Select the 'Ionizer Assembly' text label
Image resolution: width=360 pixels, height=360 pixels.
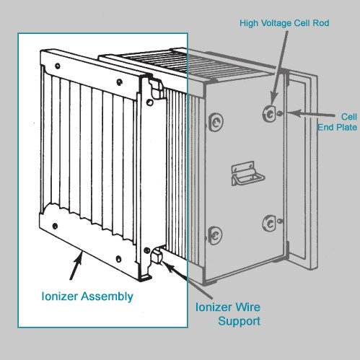[x=87, y=296]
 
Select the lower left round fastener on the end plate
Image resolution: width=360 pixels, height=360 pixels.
[x=214, y=233]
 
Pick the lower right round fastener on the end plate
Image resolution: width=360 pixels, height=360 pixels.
[x=270, y=222]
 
